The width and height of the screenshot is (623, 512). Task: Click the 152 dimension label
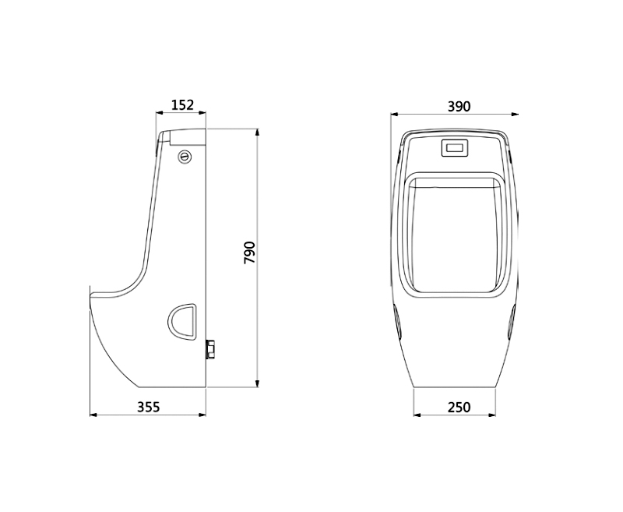[182, 105]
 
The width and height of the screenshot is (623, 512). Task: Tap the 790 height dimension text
[250, 252]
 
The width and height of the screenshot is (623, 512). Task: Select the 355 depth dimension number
[148, 407]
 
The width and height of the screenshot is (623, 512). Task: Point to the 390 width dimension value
[459, 107]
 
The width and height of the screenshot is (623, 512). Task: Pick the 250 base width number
[459, 408]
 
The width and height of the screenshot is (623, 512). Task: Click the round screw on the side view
[185, 156]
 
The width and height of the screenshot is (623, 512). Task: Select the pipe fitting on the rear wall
[210, 349]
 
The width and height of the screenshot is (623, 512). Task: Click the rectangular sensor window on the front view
[456, 148]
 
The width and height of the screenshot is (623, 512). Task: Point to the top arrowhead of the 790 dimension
[258, 132]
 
